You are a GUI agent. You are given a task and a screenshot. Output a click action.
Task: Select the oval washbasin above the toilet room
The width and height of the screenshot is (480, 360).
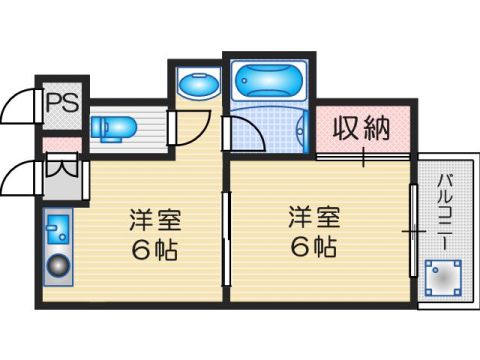click(x=192, y=85)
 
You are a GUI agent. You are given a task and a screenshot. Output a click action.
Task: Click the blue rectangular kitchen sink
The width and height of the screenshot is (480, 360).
click(x=56, y=233)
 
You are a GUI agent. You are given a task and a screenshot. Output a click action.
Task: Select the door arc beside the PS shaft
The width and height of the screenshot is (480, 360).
click(x=21, y=104)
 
